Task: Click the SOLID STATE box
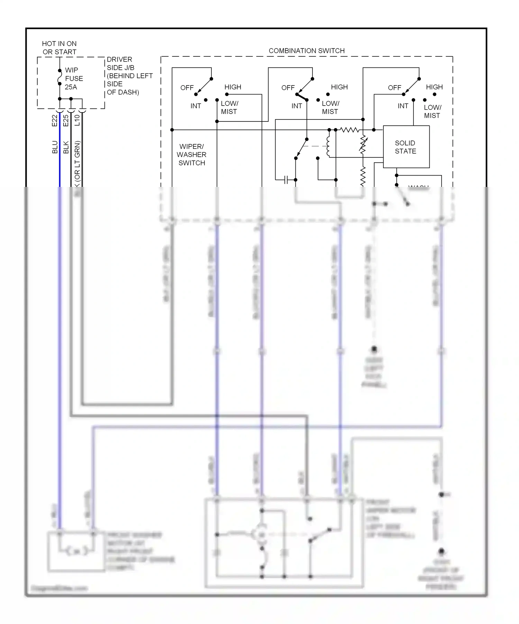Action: click(x=406, y=147)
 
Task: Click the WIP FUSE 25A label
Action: click(x=74, y=79)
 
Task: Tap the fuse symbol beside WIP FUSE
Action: click(x=60, y=77)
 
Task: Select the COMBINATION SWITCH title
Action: click(x=307, y=51)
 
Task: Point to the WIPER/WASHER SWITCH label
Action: click(x=192, y=155)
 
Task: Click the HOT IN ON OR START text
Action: click(x=60, y=48)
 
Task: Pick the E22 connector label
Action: click(x=55, y=120)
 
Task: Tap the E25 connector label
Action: click(x=66, y=120)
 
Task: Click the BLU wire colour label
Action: click(x=55, y=147)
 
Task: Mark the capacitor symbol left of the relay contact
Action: click(x=286, y=180)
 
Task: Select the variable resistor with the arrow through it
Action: click(x=363, y=145)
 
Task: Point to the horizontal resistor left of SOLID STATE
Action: click(x=349, y=130)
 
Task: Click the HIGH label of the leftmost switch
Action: click(x=233, y=87)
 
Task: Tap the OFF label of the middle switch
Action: click(x=288, y=88)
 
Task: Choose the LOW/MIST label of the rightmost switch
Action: click(x=432, y=111)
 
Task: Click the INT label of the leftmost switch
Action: click(x=195, y=106)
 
